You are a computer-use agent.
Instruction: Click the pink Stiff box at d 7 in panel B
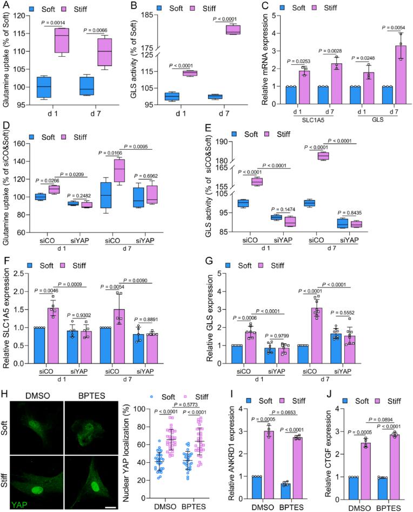[x=233, y=30]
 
